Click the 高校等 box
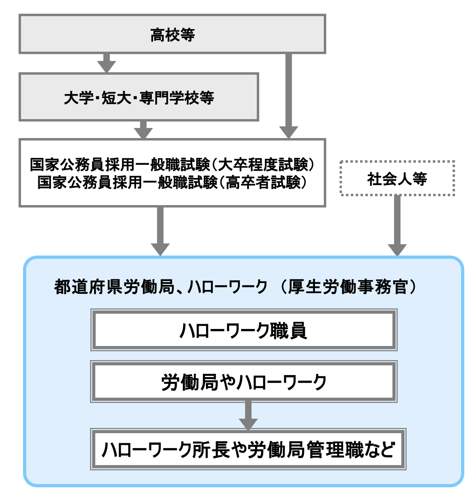pyautogui.click(x=172, y=34)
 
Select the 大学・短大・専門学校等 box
pyautogui.click(x=138, y=97)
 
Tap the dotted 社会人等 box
pyautogui.click(x=397, y=178)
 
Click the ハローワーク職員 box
pyautogui.click(x=243, y=330)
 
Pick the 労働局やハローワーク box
pyautogui.click(x=243, y=382)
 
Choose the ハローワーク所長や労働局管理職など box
pyautogui.click(x=248, y=449)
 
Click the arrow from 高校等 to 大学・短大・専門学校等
pyautogui.click(x=107, y=63)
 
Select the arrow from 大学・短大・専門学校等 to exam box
pyautogui.click(x=143, y=130)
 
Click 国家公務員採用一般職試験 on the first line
pyautogui.click(x=120, y=164)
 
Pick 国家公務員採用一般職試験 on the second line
pyautogui.click(x=127, y=182)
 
